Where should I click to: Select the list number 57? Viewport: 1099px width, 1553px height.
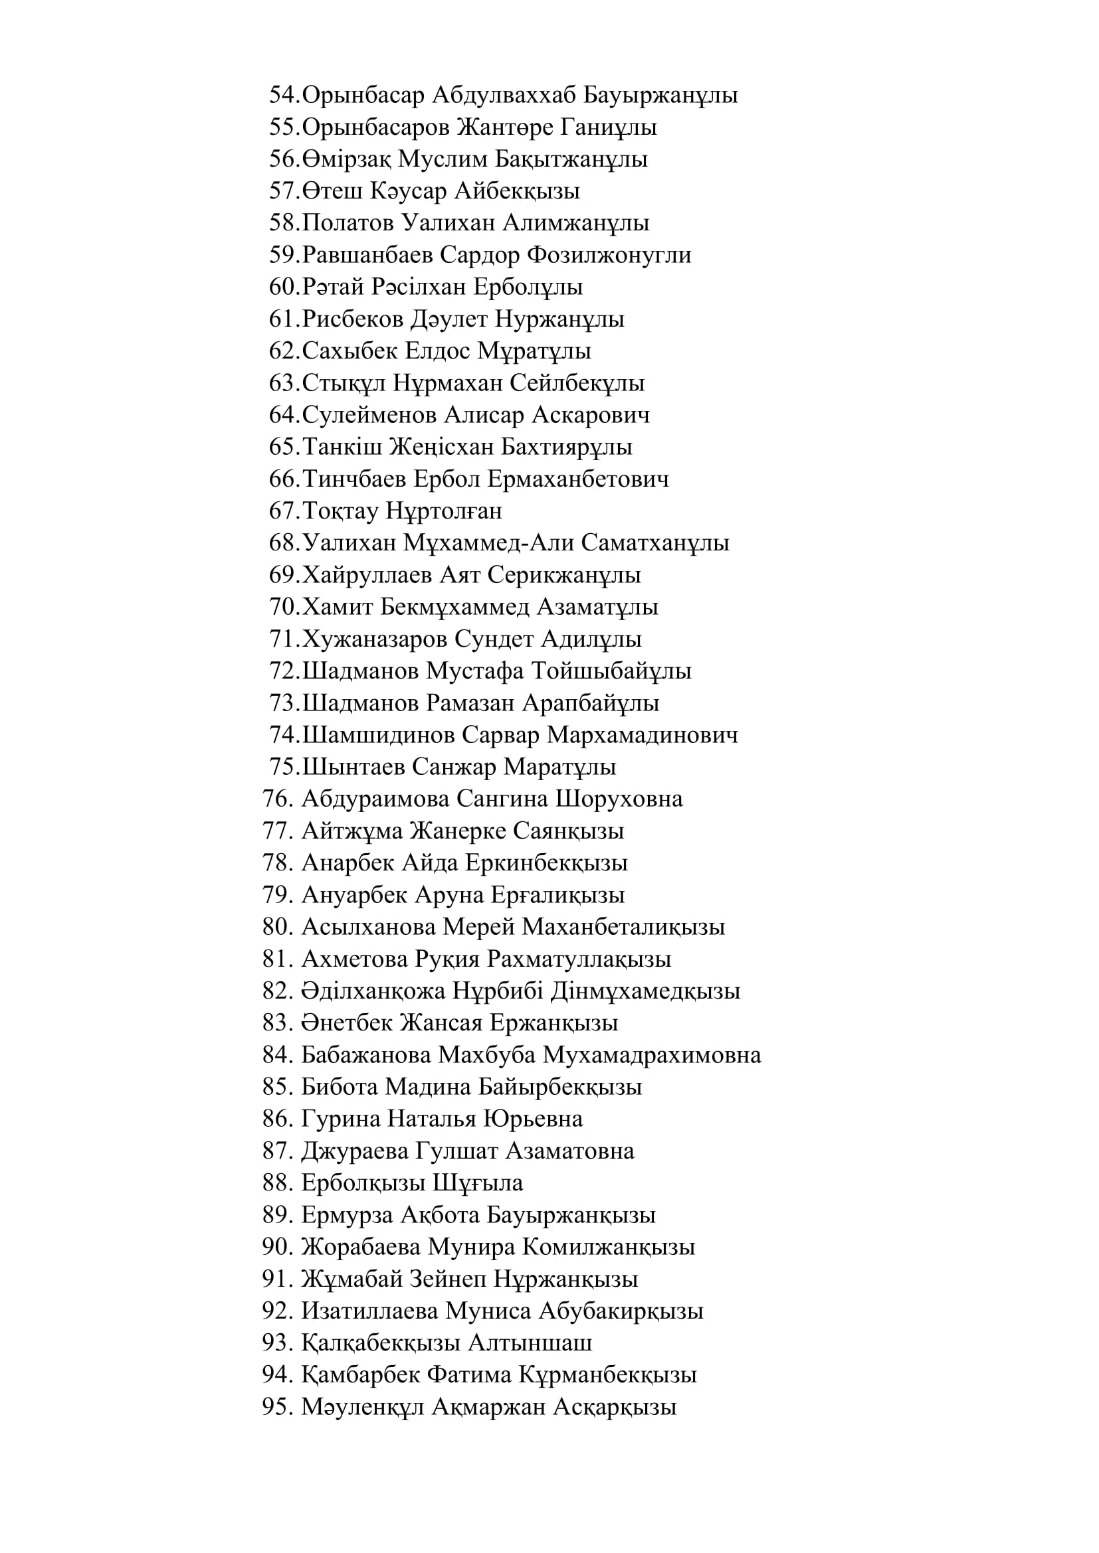[x=283, y=191]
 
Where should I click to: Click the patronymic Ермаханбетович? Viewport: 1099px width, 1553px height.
[x=578, y=479]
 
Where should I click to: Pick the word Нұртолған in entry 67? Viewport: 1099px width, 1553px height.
[x=444, y=511]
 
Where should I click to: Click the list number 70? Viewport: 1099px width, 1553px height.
[x=283, y=607]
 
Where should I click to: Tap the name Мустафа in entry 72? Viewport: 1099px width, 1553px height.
[x=475, y=671]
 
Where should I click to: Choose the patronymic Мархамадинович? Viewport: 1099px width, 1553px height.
[x=642, y=735]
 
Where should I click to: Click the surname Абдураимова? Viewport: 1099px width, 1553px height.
[x=375, y=799]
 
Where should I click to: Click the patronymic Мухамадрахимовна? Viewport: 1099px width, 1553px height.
[x=652, y=1055]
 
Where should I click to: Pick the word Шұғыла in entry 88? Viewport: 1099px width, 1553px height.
[x=478, y=1183]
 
